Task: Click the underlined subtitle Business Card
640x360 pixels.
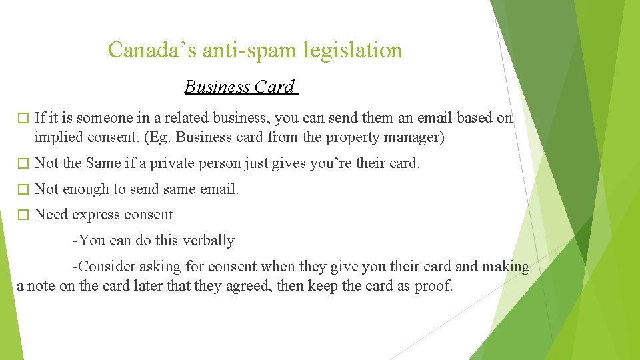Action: (x=239, y=87)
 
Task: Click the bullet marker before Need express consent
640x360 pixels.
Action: (x=23, y=215)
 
